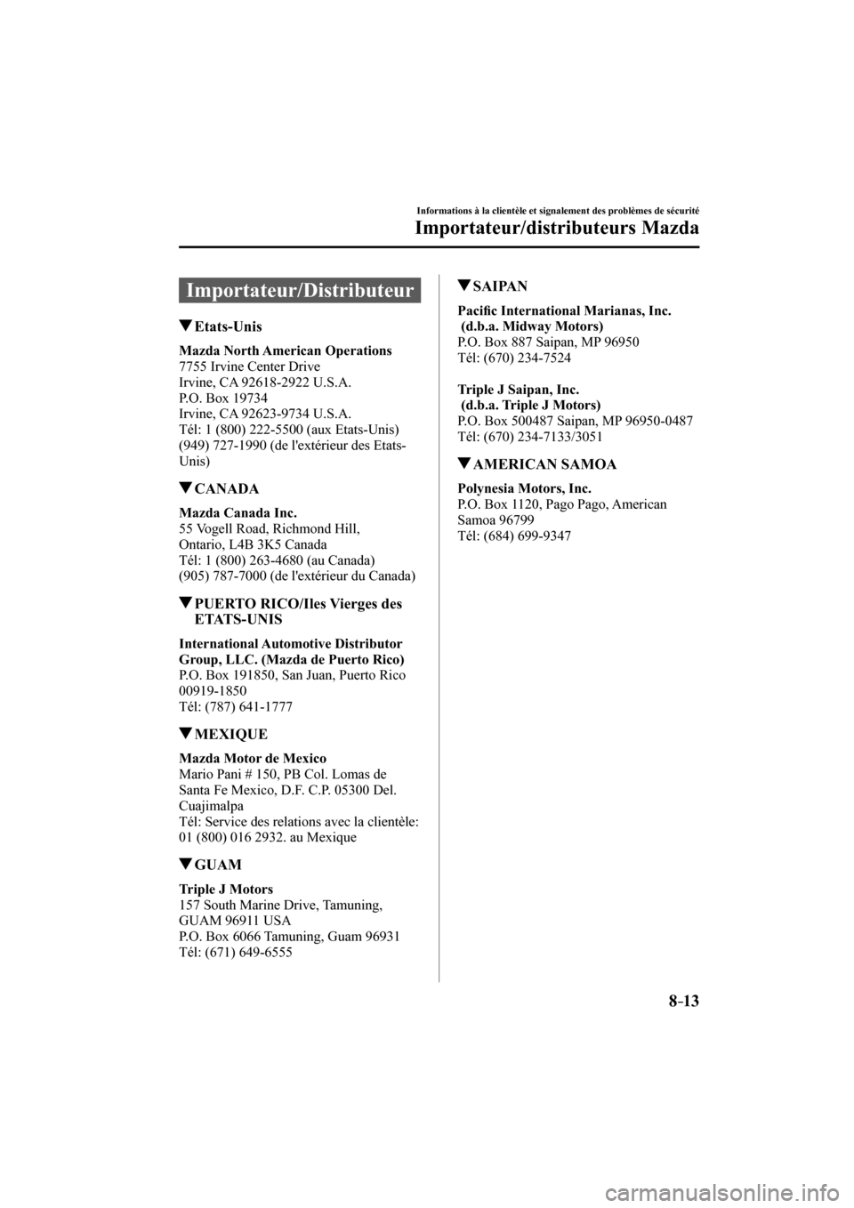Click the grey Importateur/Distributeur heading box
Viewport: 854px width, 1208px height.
(x=300, y=290)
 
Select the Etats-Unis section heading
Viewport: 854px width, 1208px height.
(x=227, y=326)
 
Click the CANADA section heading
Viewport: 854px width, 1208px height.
(x=226, y=488)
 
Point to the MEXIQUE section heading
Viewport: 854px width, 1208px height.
(x=230, y=734)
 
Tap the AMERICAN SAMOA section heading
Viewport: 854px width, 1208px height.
(x=545, y=464)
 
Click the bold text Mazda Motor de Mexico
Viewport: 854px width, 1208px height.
(x=253, y=758)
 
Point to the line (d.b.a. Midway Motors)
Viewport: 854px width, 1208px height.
(x=531, y=326)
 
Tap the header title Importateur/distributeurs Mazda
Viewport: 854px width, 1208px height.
(x=557, y=229)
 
